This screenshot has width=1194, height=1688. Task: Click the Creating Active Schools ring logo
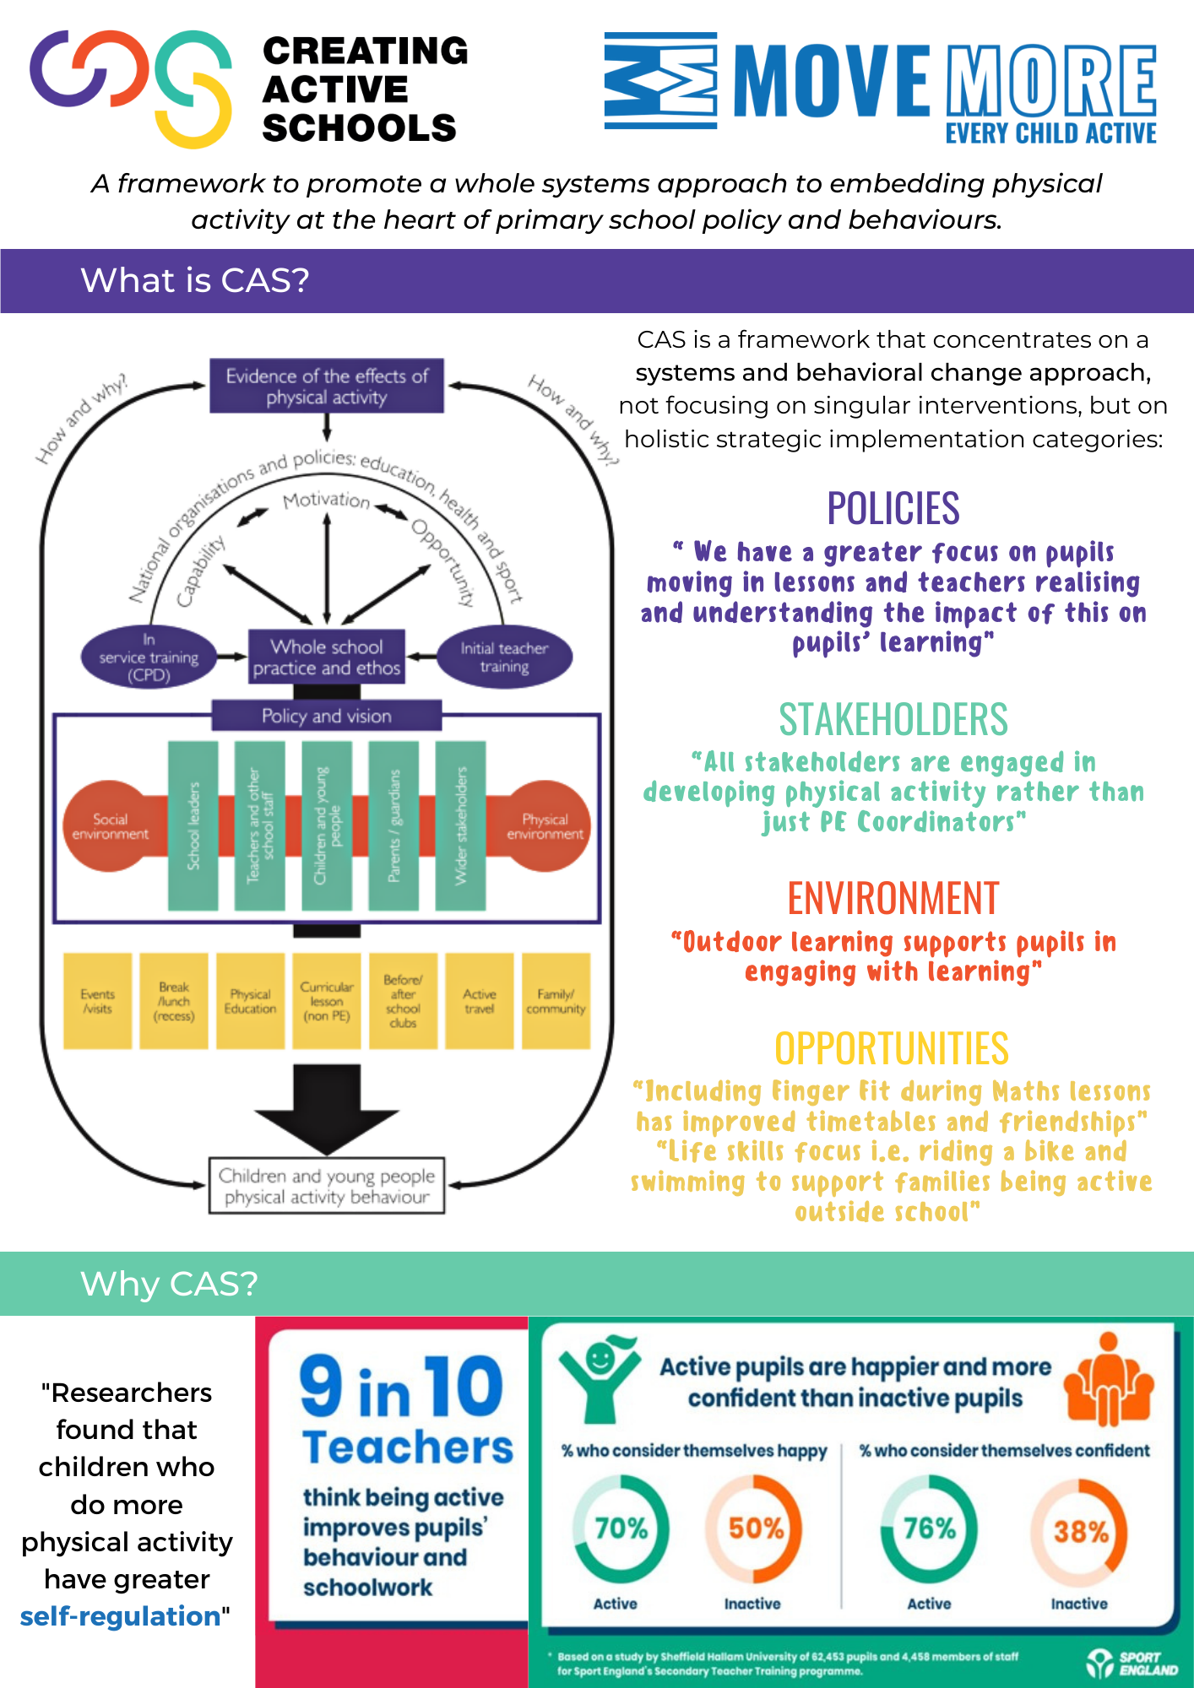(x=131, y=87)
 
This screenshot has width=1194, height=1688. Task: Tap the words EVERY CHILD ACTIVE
(x=1050, y=133)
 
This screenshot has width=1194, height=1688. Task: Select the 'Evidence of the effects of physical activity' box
(x=327, y=387)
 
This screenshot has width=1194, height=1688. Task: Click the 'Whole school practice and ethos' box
(x=327, y=657)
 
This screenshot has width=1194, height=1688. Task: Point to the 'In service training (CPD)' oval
(x=149, y=657)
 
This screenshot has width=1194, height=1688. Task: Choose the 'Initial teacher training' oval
(x=504, y=657)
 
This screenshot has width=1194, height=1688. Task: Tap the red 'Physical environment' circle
(x=545, y=826)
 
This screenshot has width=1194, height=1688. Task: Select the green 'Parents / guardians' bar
(x=393, y=825)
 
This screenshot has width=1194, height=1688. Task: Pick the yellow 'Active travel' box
(x=480, y=1001)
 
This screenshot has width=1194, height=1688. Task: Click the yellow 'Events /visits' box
(x=98, y=1001)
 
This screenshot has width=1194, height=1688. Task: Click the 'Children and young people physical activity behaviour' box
(x=327, y=1186)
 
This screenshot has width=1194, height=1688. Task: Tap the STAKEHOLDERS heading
(x=893, y=720)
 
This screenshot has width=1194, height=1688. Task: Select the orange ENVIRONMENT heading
(x=893, y=898)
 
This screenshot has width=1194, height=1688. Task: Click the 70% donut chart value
(x=621, y=1528)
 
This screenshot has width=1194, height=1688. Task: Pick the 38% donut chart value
(x=1080, y=1531)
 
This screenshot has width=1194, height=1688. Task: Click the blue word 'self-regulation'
(x=120, y=1616)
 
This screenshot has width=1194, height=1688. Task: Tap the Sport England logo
(x=1132, y=1663)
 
